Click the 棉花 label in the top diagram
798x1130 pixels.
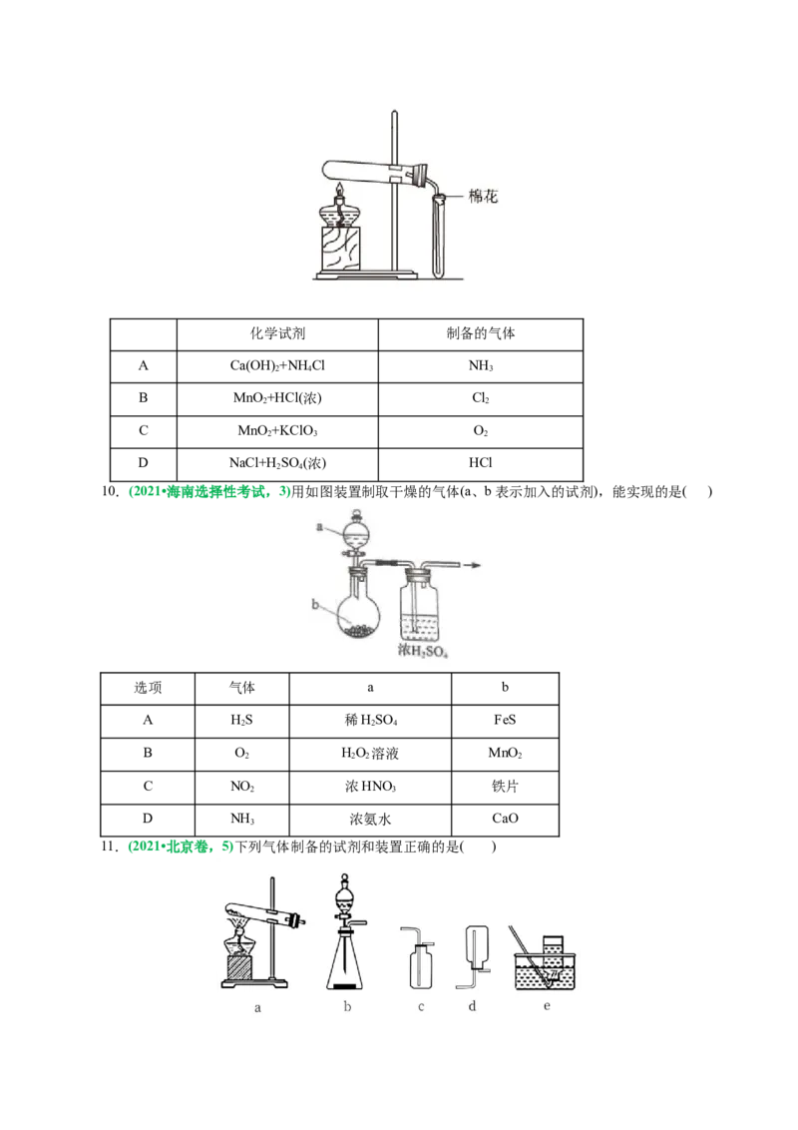click(484, 198)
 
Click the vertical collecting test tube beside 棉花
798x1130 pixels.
click(439, 235)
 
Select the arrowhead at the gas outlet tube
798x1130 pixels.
click(480, 565)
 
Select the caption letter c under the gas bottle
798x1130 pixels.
click(421, 1007)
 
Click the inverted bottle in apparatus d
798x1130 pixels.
click(475, 944)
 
